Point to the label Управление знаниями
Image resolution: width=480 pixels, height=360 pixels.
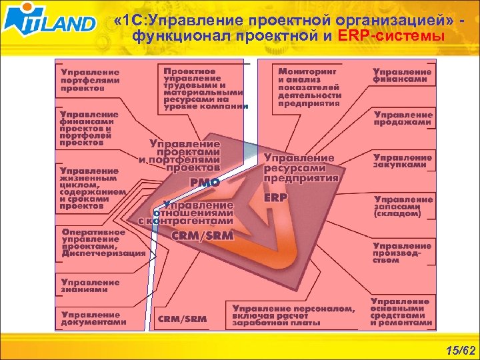pyautogui.click(x=90, y=285)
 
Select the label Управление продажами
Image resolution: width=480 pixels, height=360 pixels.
pyautogui.click(x=403, y=119)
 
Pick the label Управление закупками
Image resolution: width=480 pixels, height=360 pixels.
pyautogui.click(x=403, y=161)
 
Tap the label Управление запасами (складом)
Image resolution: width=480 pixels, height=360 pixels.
pyautogui.click(x=403, y=207)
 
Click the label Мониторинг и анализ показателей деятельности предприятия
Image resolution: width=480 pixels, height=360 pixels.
pyautogui.click(x=309, y=86)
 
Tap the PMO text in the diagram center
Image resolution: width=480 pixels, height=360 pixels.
pyautogui.click(x=205, y=181)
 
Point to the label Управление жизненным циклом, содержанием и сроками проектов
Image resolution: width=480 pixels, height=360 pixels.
pyautogui.click(x=90, y=188)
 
